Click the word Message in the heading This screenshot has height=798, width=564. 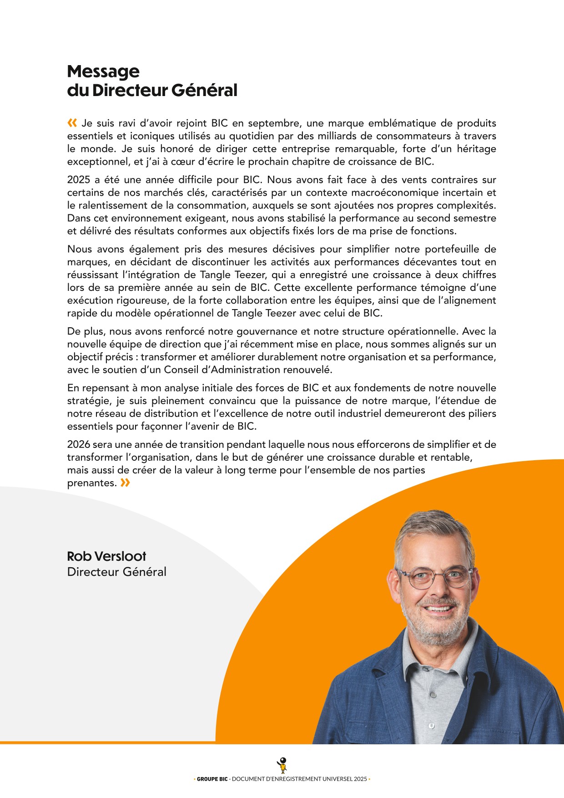(103, 71)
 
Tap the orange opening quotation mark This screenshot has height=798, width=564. (72, 123)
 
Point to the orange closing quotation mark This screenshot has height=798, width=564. (125, 483)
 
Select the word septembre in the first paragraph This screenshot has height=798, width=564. (275, 123)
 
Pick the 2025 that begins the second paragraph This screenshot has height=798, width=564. (79, 180)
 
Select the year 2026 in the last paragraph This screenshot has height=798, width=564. (79, 444)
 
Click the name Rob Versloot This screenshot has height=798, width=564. (106, 556)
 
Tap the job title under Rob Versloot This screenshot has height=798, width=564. (116, 572)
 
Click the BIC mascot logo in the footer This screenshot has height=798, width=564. (282, 765)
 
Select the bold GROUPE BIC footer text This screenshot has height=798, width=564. (212, 779)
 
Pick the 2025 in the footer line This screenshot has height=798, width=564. (359, 779)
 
